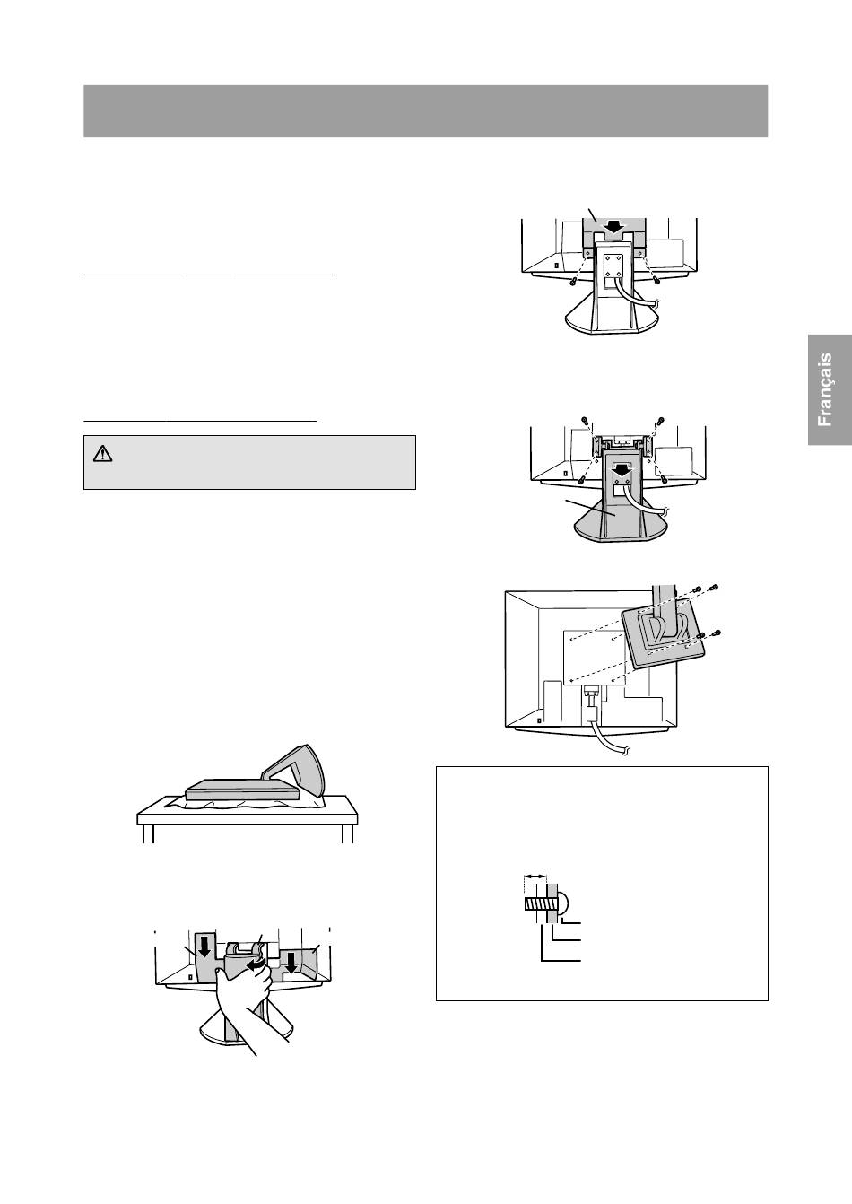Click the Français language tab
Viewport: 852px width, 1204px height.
tap(830, 389)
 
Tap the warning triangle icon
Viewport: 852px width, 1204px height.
tap(102, 454)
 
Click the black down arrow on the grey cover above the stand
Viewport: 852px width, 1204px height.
tap(613, 228)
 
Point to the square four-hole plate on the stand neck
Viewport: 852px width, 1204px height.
tap(613, 265)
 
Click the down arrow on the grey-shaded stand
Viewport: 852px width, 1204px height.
tap(622, 473)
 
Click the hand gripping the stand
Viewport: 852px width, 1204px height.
tap(248, 1004)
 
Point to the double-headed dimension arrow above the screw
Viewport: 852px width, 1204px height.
tap(535, 877)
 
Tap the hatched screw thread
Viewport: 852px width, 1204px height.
tap(535, 904)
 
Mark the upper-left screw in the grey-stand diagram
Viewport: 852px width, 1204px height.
tap(585, 421)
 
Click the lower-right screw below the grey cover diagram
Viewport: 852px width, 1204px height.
tap(656, 281)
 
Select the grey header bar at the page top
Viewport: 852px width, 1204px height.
tap(425, 111)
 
